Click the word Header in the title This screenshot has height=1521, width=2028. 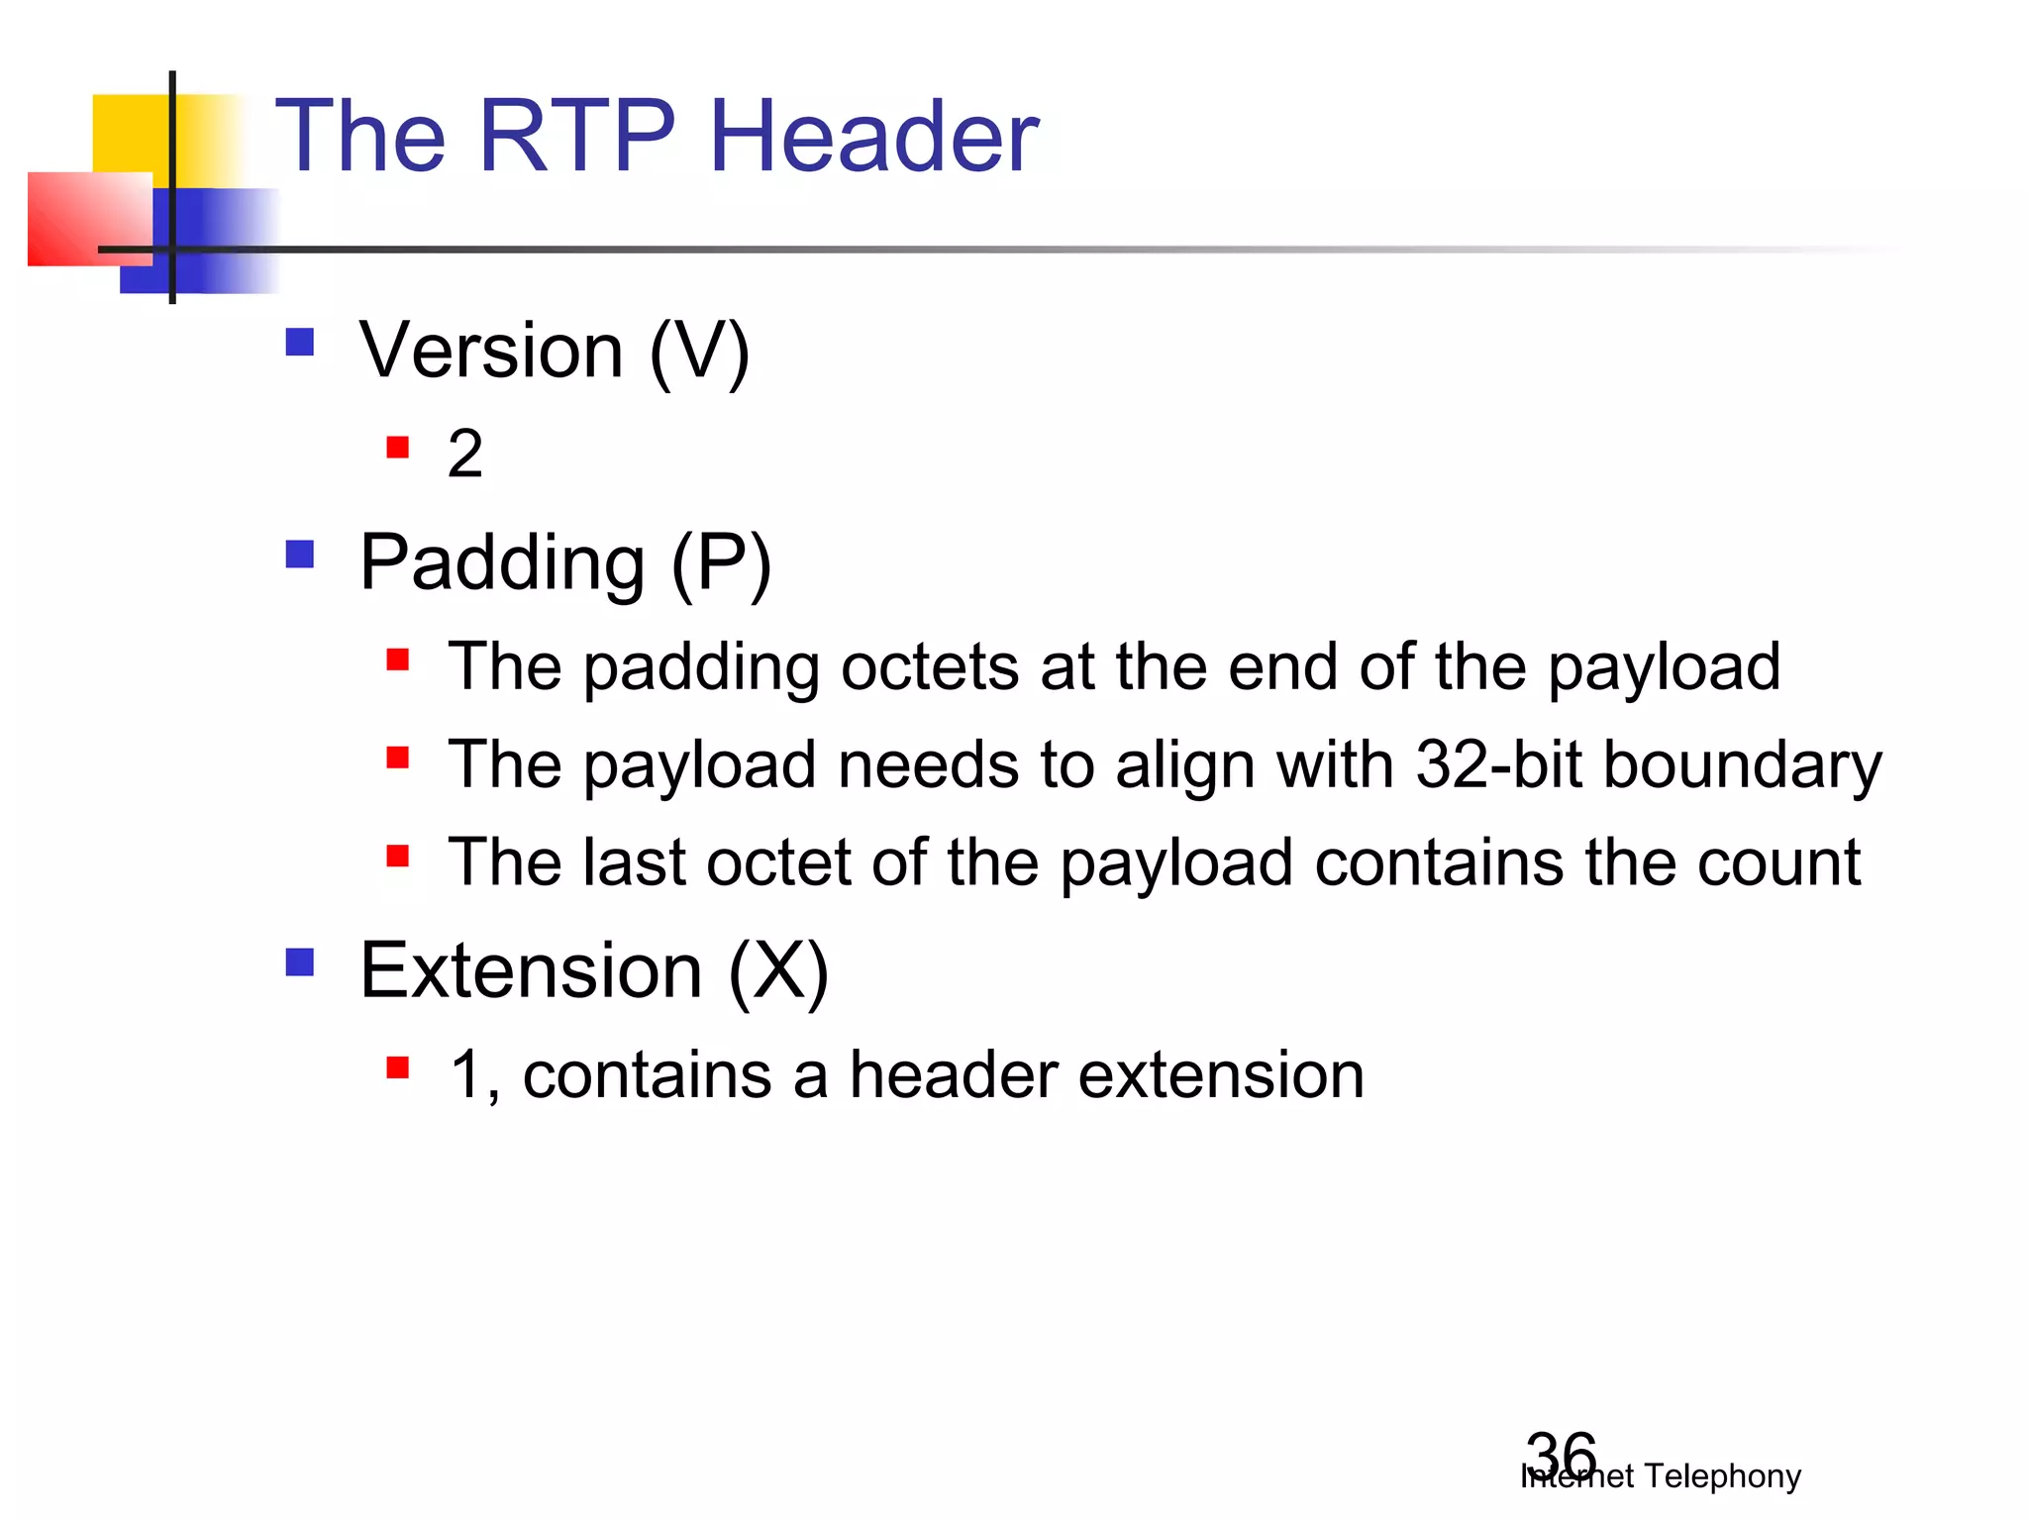coord(873,137)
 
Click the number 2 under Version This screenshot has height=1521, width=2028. coord(465,454)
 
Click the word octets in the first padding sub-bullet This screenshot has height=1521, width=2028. coord(929,666)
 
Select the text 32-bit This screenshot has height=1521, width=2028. coord(1498,764)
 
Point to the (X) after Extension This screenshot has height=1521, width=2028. coord(778,972)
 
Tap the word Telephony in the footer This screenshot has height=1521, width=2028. coord(1722,1476)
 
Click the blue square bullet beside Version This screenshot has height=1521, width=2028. coord(299,343)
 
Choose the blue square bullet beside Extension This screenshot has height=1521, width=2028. coord(299,963)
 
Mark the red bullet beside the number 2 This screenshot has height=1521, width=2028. coord(398,448)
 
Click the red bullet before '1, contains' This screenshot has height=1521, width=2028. coord(398,1067)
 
